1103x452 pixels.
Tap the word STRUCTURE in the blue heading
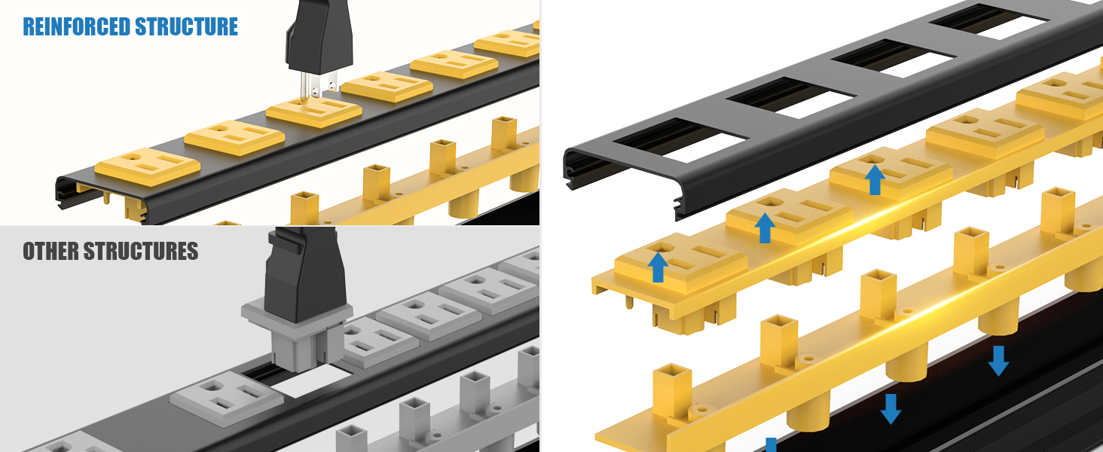[187, 26]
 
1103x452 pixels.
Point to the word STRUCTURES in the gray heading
[141, 251]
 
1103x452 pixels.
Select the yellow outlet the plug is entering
[314, 111]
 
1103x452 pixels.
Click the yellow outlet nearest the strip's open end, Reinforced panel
[147, 166]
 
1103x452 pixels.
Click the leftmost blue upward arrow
[658, 267]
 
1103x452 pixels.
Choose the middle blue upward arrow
[765, 228]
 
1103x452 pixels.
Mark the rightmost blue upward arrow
[875, 180]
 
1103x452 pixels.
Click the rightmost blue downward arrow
[998, 361]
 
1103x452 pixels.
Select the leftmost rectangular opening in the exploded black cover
[680, 140]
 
